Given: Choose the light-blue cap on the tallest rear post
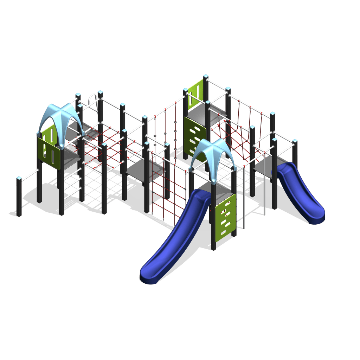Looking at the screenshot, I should click(206, 76).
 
